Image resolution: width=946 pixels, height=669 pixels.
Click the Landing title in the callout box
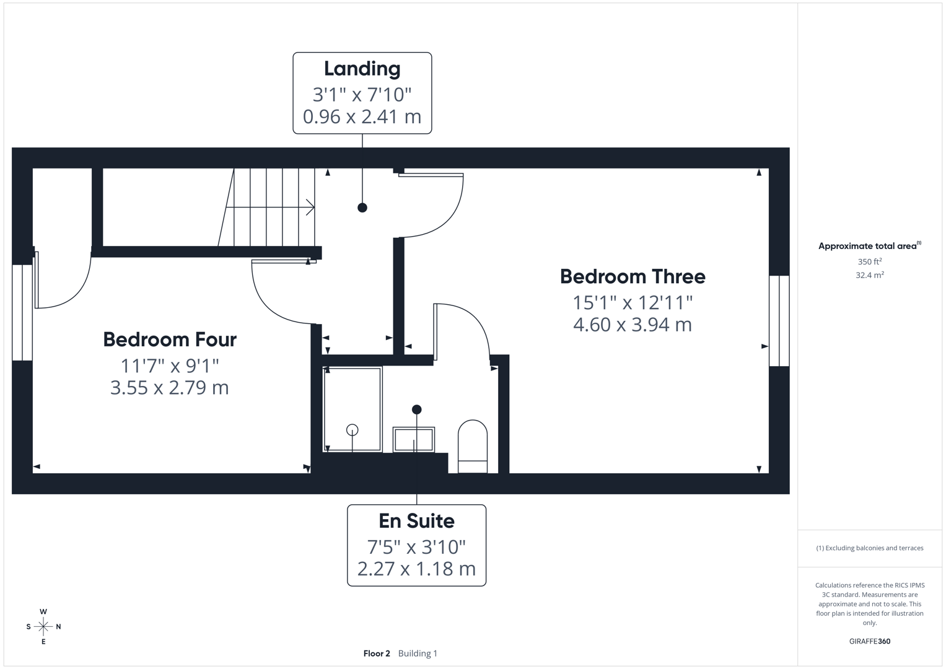coord(362,69)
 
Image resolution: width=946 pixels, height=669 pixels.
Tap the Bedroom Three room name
coord(632,276)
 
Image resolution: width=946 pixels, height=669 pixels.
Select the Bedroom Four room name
coord(169,339)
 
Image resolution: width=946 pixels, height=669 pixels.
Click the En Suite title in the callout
coord(416,521)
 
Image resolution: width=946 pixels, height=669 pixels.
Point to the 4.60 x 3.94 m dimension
coord(632,325)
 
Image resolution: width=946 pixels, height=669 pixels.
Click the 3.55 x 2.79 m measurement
coord(169,388)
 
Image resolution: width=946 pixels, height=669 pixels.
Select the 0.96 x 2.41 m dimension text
coord(362,116)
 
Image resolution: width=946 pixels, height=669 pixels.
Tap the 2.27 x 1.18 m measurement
coord(416,569)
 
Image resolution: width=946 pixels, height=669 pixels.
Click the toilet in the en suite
coord(472,446)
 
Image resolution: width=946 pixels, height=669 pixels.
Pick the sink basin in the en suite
coord(413,440)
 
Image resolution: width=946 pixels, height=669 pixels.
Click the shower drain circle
coord(352,430)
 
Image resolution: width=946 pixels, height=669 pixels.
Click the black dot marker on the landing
coord(362,208)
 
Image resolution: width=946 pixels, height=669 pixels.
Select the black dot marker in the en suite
coord(416,409)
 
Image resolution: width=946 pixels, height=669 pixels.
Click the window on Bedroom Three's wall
coord(779,321)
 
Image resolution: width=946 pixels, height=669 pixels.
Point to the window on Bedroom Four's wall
coord(22,312)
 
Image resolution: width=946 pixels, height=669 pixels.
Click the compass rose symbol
coord(43,627)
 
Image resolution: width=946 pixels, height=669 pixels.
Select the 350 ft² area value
coord(869,261)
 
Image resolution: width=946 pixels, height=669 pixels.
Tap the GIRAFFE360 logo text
coord(869,641)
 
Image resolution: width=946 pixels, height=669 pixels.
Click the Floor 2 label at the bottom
coord(377,654)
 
